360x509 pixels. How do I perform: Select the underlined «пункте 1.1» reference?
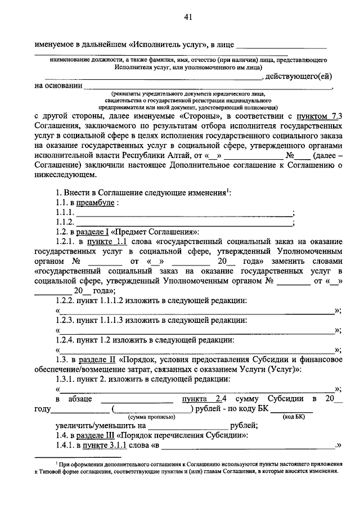point(112,241)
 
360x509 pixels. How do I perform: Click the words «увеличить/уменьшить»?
point(92,426)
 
